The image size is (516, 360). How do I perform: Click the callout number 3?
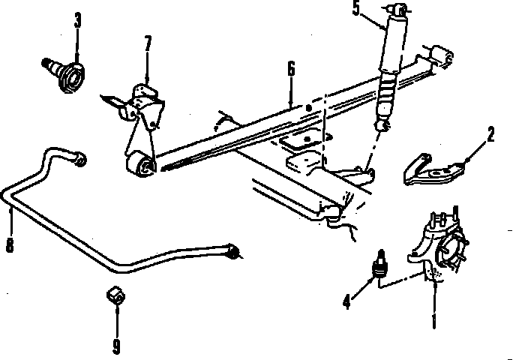pos(77,20)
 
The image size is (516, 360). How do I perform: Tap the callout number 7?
pos(148,43)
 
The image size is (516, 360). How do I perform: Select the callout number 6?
pos(291,69)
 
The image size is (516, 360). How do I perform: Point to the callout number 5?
pos(355,7)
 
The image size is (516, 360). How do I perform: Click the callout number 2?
pos(490,134)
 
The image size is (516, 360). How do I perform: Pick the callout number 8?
pos(10,244)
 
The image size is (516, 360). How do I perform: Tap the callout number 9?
pos(116,346)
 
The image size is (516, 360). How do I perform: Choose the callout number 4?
pos(346,301)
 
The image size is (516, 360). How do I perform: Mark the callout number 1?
pos(434,320)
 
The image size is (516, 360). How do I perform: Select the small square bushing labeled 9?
pos(115,295)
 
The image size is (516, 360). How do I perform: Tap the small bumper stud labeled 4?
pos(379,264)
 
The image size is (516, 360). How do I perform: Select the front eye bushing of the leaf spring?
pos(142,166)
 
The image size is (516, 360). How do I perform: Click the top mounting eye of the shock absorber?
pos(399,10)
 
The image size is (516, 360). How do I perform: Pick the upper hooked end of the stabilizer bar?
pos(78,158)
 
